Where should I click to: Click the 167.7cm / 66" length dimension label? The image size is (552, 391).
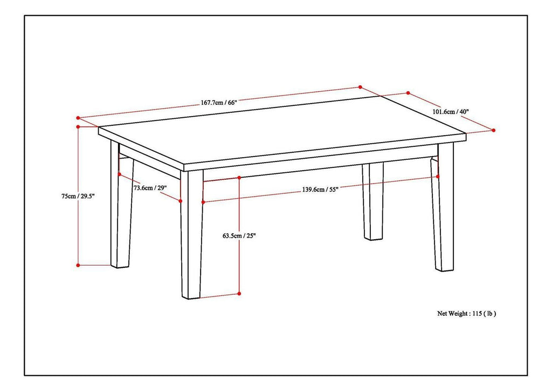coord(218,103)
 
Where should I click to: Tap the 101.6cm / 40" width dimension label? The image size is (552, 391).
coord(451,112)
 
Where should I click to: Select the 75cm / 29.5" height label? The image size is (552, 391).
coord(78,197)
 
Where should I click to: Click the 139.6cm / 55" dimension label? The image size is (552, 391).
coord(320,190)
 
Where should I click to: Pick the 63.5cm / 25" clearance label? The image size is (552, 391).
coord(239,235)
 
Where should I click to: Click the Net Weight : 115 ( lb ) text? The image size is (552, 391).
coord(466,313)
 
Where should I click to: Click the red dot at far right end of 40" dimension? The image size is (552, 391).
coord(493,130)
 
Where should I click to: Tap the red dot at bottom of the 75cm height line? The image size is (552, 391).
coord(78,265)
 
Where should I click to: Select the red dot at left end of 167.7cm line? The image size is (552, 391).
coord(78,117)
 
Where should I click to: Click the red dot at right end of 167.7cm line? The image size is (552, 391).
coord(360,86)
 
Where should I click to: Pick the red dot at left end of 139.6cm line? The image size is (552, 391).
coord(203,203)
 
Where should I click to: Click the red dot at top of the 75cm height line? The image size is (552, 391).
coord(78,127)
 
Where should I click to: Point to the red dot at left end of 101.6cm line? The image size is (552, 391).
coord(408,93)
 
